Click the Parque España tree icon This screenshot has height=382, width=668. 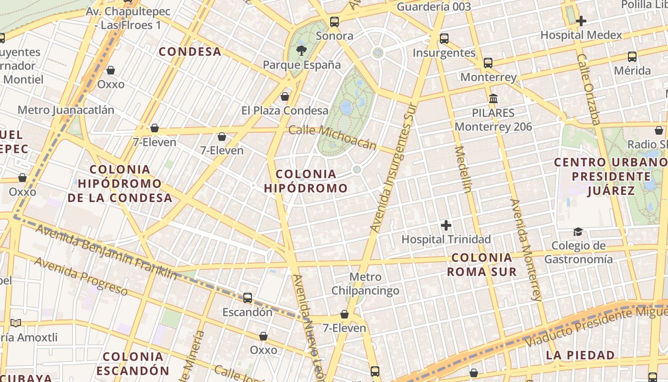tap(301, 50)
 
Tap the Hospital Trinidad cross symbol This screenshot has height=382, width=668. tap(446, 225)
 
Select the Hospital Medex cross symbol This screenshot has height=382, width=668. tap(581, 21)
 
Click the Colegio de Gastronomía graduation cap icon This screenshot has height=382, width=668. tap(578, 232)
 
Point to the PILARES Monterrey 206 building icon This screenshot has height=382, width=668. tap(493, 99)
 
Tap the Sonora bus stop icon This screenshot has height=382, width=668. tap(334, 21)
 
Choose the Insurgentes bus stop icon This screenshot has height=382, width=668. tap(444, 39)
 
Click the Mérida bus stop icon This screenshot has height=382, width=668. tap(632, 57)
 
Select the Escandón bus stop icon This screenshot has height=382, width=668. tap(248, 298)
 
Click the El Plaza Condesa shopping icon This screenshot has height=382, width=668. tap(285, 96)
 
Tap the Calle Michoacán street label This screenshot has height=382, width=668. tap(332, 137)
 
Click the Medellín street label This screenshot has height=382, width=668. tap(463, 169)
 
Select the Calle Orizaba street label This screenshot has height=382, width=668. tap(588, 89)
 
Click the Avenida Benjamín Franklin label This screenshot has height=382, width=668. tap(106, 252)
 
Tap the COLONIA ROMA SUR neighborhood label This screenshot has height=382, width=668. tap(481, 265)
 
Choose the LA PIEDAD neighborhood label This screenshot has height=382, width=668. tap(580, 355)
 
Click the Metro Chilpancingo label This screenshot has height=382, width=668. tap(365, 284)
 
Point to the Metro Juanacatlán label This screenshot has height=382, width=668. tap(66, 110)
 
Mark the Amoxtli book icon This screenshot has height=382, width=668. tap(16, 323)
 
